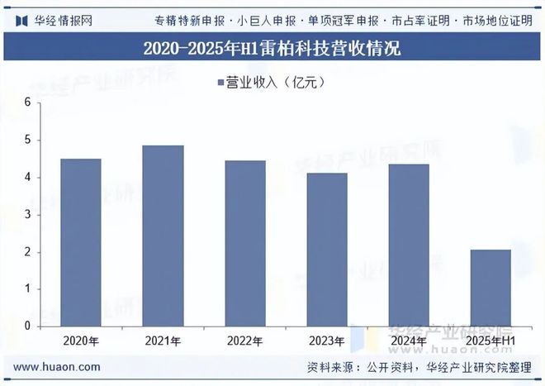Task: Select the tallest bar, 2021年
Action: click(163, 236)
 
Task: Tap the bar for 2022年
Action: click(245, 243)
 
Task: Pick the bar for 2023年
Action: click(327, 250)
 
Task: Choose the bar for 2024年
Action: click(410, 245)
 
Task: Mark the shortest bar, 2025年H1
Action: click(491, 288)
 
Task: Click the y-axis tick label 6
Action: click(27, 102)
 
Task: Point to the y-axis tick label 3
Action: click(27, 215)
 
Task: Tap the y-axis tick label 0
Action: click(27, 326)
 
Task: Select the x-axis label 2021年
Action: click(163, 341)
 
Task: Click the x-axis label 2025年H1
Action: click(491, 341)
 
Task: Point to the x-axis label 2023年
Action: click(327, 341)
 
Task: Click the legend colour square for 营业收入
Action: click(220, 82)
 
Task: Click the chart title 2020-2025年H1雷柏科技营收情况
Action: click(272, 48)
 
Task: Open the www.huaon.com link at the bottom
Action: click(58, 367)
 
